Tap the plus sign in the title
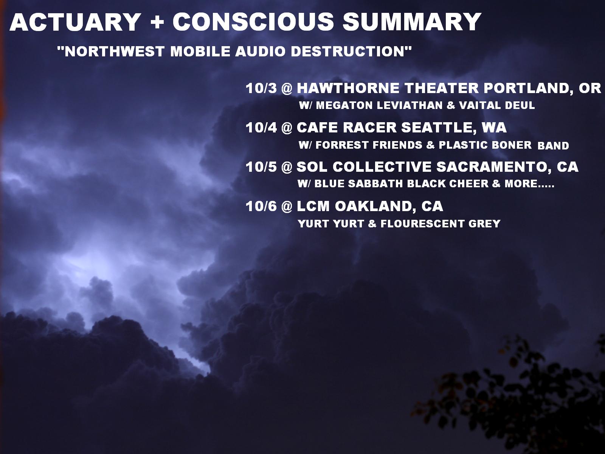[157, 22]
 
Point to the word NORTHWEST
[115, 51]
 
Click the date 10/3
[261, 88]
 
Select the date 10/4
[261, 127]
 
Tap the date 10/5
[261, 167]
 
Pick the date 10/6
[261, 207]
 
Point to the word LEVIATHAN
[410, 105]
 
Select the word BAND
[553, 146]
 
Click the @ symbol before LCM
[287, 207]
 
